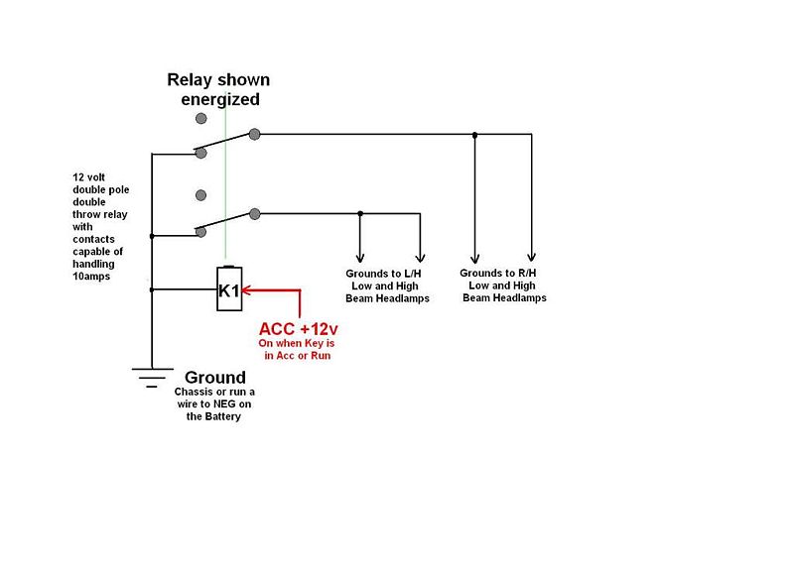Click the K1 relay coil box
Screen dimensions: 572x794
click(x=229, y=289)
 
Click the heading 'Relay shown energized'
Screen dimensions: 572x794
click(x=217, y=89)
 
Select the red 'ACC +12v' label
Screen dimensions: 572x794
click(x=299, y=329)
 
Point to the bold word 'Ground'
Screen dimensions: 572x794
click(x=215, y=378)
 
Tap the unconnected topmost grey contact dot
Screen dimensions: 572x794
click(x=201, y=118)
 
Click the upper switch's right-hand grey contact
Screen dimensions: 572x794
click(x=255, y=133)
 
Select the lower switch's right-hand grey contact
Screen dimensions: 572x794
click(x=255, y=213)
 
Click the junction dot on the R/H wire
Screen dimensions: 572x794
click(x=475, y=134)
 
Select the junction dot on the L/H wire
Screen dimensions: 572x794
click(x=360, y=213)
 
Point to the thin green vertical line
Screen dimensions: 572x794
click(x=226, y=178)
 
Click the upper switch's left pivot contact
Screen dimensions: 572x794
click(x=201, y=153)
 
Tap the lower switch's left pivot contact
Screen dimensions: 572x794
click(x=201, y=233)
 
